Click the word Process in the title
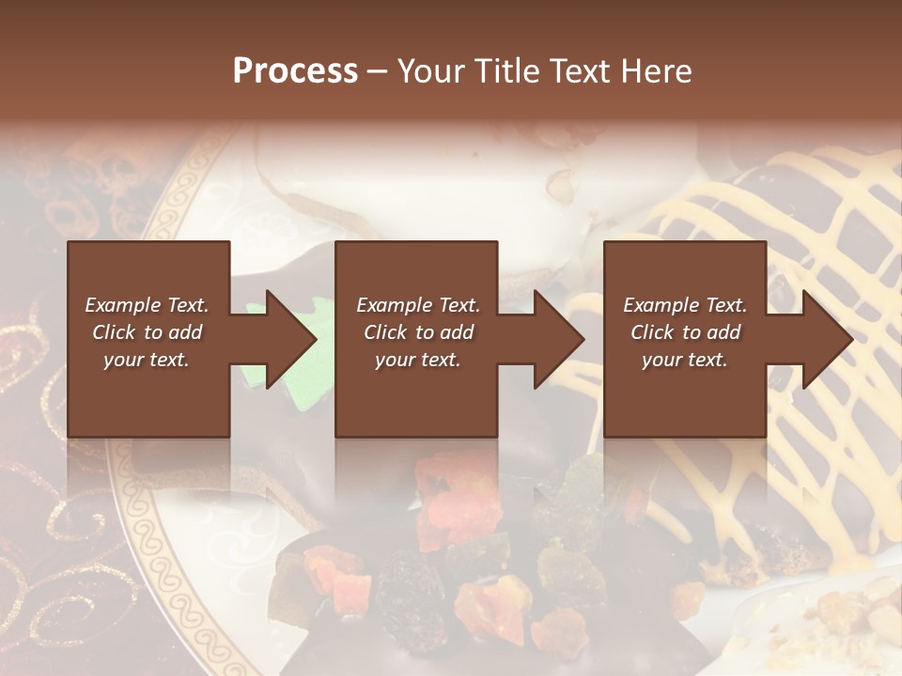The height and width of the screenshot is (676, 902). (x=295, y=71)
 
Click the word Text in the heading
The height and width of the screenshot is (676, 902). (x=582, y=71)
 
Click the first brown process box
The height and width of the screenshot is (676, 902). (x=148, y=394)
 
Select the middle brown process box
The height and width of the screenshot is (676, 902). (x=416, y=394)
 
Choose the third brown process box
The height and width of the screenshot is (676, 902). (x=684, y=394)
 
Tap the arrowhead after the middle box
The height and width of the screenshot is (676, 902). (x=558, y=339)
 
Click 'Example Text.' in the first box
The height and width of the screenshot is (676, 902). (x=147, y=305)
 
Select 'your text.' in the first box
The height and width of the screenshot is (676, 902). (x=147, y=360)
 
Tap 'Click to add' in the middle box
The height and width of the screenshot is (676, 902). (x=418, y=332)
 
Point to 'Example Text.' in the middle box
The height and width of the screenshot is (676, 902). (x=418, y=305)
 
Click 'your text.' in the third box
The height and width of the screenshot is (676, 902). (x=685, y=360)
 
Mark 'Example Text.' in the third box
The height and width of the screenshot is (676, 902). (x=685, y=305)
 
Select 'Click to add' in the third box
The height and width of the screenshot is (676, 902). (x=685, y=332)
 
